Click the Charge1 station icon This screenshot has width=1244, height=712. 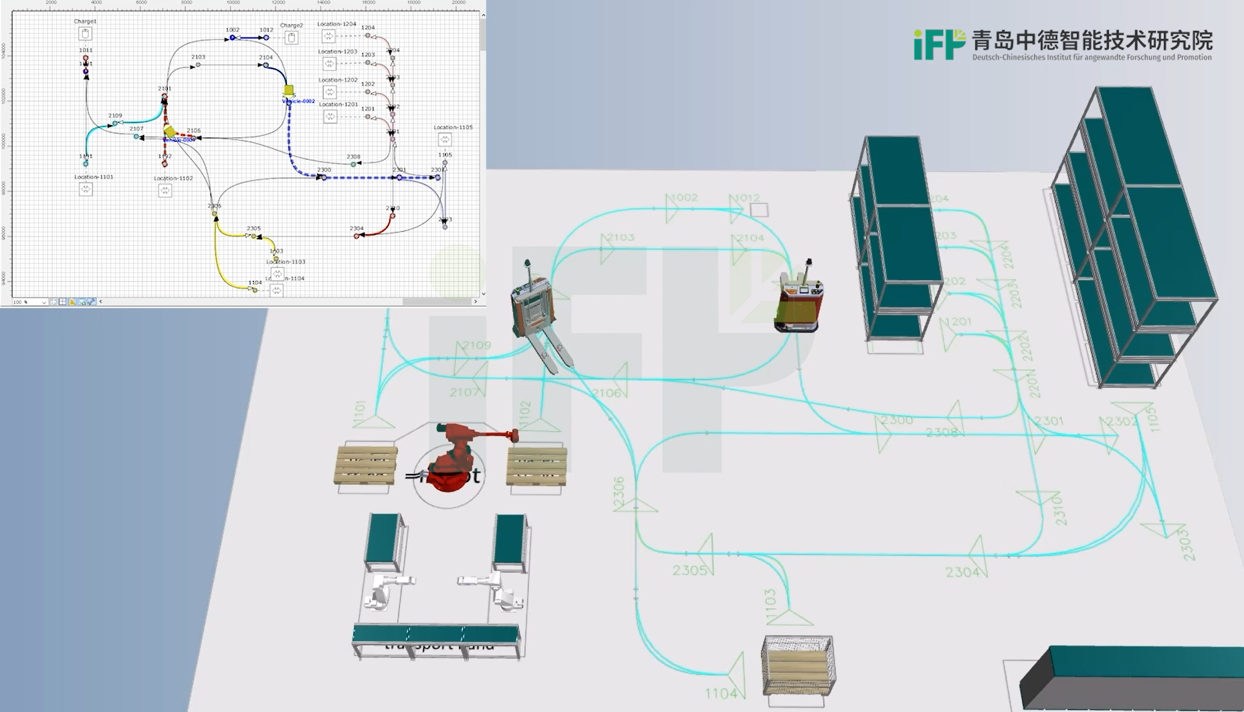(x=85, y=33)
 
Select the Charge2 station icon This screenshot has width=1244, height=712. (x=291, y=37)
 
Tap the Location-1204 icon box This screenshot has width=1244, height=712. (x=328, y=36)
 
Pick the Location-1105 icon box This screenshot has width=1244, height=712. (x=445, y=139)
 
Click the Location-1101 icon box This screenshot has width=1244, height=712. (x=86, y=189)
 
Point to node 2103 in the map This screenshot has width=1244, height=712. (x=198, y=65)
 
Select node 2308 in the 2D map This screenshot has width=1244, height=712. (x=353, y=164)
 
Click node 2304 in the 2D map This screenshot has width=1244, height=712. (x=356, y=235)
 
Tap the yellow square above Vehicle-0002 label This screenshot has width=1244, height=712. (x=289, y=90)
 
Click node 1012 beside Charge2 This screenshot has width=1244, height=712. (x=266, y=37)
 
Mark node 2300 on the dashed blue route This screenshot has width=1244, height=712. (x=324, y=178)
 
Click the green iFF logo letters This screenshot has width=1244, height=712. (x=938, y=45)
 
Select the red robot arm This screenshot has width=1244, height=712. (x=455, y=455)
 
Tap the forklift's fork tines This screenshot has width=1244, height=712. (x=552, y=348)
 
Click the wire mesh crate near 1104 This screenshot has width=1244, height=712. (x=797, y=666)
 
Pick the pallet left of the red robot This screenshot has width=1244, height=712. (x=365, y=465)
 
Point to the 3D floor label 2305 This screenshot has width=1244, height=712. (x=689, y=570)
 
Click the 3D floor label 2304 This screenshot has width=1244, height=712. (x=962, y=572)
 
